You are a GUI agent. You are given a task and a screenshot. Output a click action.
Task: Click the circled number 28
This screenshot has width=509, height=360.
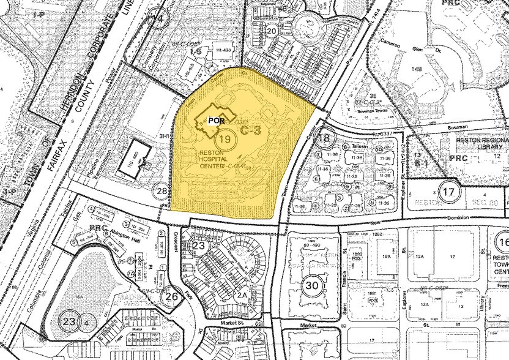coord(162,192)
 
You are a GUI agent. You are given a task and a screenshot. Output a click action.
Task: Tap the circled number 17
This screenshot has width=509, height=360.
coord(450,191)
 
